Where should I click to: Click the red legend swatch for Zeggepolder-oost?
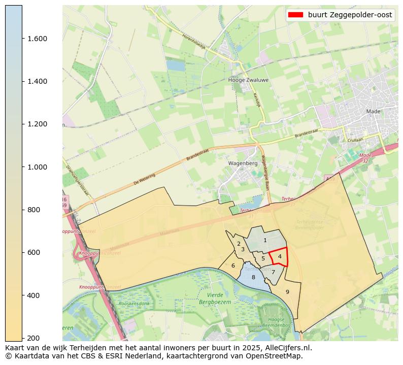(x=295, y=15)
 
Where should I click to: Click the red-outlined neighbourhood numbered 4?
(x=280, y=256)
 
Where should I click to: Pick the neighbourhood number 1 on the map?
(x=265, y=240)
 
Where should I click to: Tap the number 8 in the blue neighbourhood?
(x=253, y=277)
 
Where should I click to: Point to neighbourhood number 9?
(x=287, y=292)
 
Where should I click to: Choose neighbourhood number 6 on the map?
(x=233, y=266)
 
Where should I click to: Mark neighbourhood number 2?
(x=239, y=244)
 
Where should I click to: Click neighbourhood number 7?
(x=273, y=272)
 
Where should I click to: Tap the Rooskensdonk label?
(x=135, y=304)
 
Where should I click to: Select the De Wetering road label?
(x=144, y=179)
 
